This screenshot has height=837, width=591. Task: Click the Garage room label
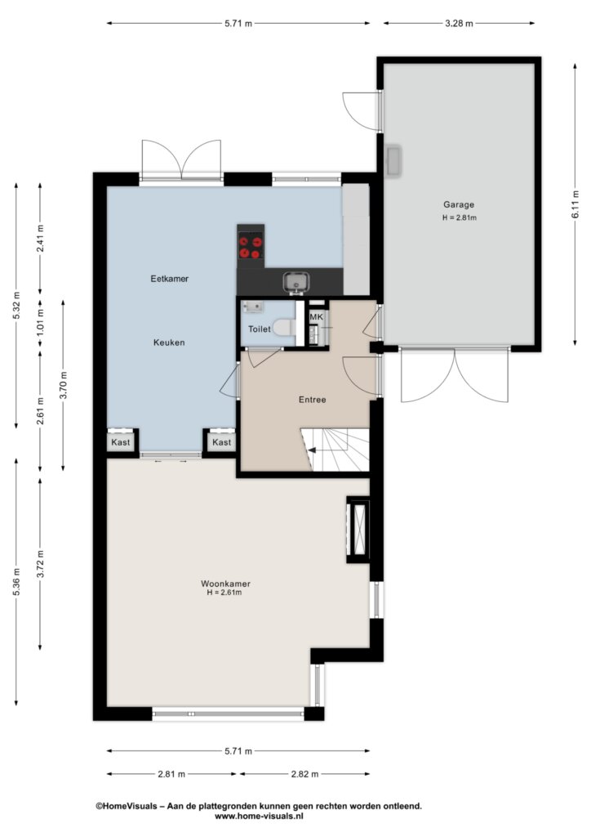tap(458, 204)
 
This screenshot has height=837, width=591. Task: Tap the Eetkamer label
tap(170, 279)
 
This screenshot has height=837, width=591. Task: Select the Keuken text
tap(170, 342)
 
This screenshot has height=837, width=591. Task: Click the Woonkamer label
tap(225, 584)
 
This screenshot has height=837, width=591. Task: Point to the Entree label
tap(313, 400)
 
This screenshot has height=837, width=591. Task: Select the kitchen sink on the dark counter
tap(295, 282)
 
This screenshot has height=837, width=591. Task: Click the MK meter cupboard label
tap(317, 317)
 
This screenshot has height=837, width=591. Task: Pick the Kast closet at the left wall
tap(121, 442)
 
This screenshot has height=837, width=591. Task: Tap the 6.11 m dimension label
tap(575, 204)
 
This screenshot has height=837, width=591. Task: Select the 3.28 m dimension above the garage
tap(459, 24)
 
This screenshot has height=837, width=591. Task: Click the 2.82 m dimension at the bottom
tap(304, 774)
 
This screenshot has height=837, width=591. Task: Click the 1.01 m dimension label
tap(41, 324)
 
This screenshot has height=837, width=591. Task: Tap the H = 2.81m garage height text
tap(459, 217)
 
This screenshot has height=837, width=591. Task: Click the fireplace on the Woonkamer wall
tap(358, 529)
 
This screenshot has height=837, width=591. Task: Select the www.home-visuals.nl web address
tap(259, 817)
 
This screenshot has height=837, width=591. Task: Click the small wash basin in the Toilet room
tap(253, 307)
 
